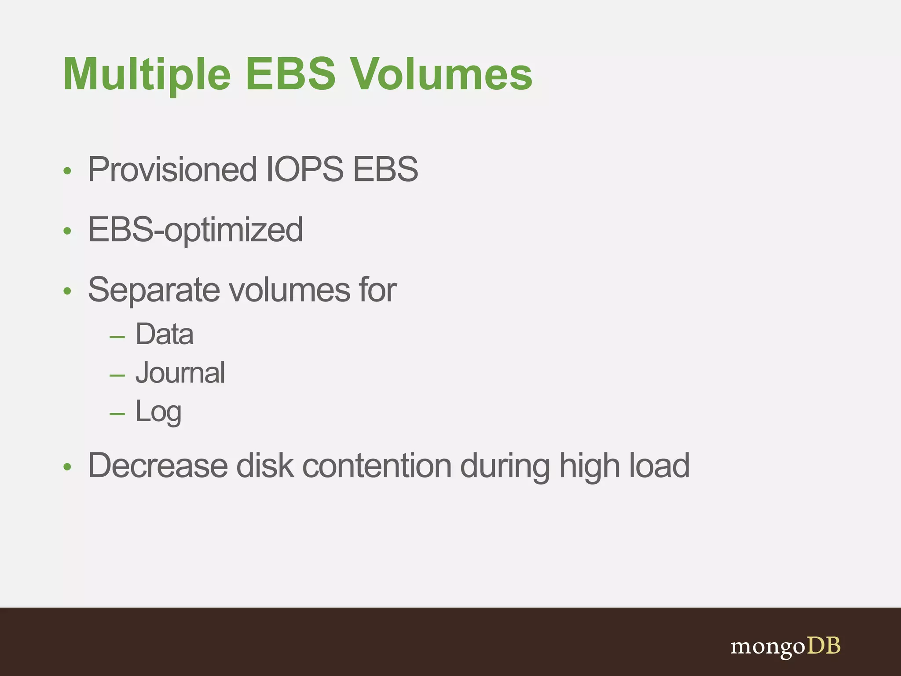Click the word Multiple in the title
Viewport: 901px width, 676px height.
click(147, 75)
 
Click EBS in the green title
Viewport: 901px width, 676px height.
click(290, 75)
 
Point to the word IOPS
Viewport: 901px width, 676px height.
click(305, 170)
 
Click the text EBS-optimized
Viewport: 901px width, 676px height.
click(195, 230)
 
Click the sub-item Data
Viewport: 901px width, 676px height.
click(164, 334)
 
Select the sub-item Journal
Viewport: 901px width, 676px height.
click(180, 373)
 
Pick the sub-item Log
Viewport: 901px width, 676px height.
click(158, 412)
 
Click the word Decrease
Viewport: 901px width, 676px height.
click(157, 466)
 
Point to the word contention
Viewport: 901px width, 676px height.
click(377, 466)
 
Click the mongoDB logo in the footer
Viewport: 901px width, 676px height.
click(785, 647)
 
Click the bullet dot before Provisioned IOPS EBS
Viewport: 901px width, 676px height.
click(67, 171)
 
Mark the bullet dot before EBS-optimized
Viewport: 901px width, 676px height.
click(67, 231)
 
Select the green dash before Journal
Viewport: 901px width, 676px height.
click(117, 375)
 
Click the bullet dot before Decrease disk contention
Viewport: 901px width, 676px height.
click(67, 467)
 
